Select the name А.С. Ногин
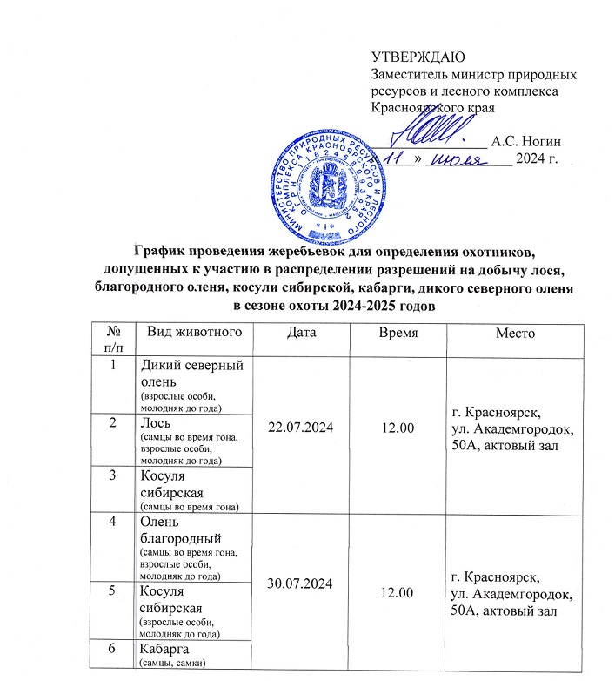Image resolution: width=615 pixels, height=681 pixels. [525, 140]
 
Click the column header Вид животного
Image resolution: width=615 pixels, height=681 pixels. [189, 334]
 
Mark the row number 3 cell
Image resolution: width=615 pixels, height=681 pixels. [112, 475]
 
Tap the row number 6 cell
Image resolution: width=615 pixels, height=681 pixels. [112, 651]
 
